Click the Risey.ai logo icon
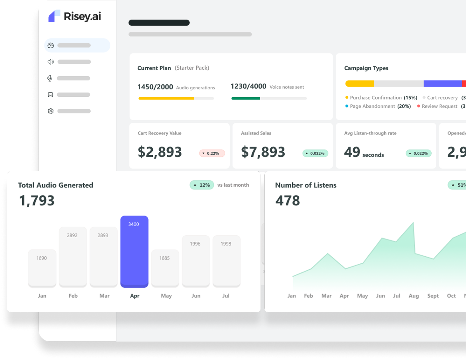point(54,16)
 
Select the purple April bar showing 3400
point(134,251)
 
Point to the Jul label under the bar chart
point(226,296)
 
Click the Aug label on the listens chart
point(414,296)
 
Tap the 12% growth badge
point(202,185)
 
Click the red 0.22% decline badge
point(212,153)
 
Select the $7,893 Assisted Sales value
point(263,152)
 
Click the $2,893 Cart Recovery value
point(160,152)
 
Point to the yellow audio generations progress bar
point(166,99)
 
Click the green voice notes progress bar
point(246,99)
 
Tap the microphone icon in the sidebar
point(50,78)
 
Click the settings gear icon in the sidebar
point(51,111)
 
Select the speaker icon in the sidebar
point(51,62)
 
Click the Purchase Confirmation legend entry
point(381,98)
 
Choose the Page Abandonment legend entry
point(378,106)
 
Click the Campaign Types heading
point(366,68)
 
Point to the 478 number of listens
point(288,201)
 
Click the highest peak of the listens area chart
point(413,223)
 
